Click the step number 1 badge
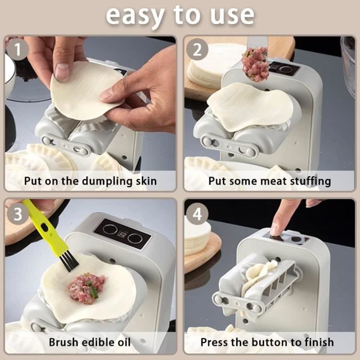point(17,49)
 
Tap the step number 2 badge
point(197,49)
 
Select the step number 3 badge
point(17,214)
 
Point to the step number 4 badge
point(197,214)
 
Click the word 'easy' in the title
point(135,15)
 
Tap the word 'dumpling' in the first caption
point(107,182)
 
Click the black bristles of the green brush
point(69,261)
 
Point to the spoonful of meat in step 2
point(255,64)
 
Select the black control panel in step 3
point(122,234)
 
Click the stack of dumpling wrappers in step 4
point(197,238)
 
